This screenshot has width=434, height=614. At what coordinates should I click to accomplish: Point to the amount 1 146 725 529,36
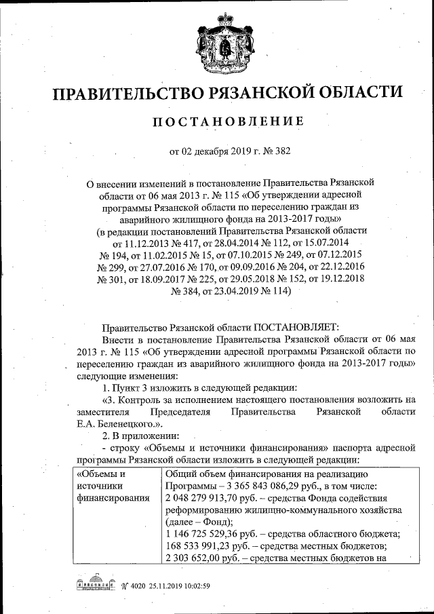[x=210, y=535]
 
